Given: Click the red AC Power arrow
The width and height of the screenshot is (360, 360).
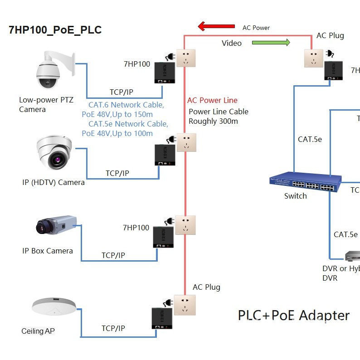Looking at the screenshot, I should (216, 26).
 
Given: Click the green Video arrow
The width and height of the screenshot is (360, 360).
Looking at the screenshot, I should (271, 43).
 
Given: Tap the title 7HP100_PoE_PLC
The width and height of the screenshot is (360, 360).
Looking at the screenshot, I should (55, 30).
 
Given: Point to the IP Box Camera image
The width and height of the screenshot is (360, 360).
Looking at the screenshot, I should (56, 225).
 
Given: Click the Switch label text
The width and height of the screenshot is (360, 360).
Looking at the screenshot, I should (295, 196).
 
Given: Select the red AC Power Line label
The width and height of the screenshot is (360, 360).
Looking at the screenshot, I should (212, 100).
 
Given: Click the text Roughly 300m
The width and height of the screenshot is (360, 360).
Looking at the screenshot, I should (213, 121).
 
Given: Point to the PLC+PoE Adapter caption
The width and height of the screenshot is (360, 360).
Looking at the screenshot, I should (294, 316).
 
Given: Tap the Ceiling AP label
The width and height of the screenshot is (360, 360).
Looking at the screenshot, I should (38, 331).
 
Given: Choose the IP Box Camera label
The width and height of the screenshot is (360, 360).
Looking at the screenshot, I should (48, 251).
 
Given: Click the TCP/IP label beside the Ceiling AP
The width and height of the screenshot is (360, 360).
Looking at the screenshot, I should (113, 328).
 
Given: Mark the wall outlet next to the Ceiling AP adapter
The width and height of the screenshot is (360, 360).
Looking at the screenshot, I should (185, 305).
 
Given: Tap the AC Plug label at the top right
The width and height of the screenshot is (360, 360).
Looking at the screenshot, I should (330, 35).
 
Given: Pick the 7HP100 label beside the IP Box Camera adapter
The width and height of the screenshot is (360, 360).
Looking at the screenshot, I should (136, 228).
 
